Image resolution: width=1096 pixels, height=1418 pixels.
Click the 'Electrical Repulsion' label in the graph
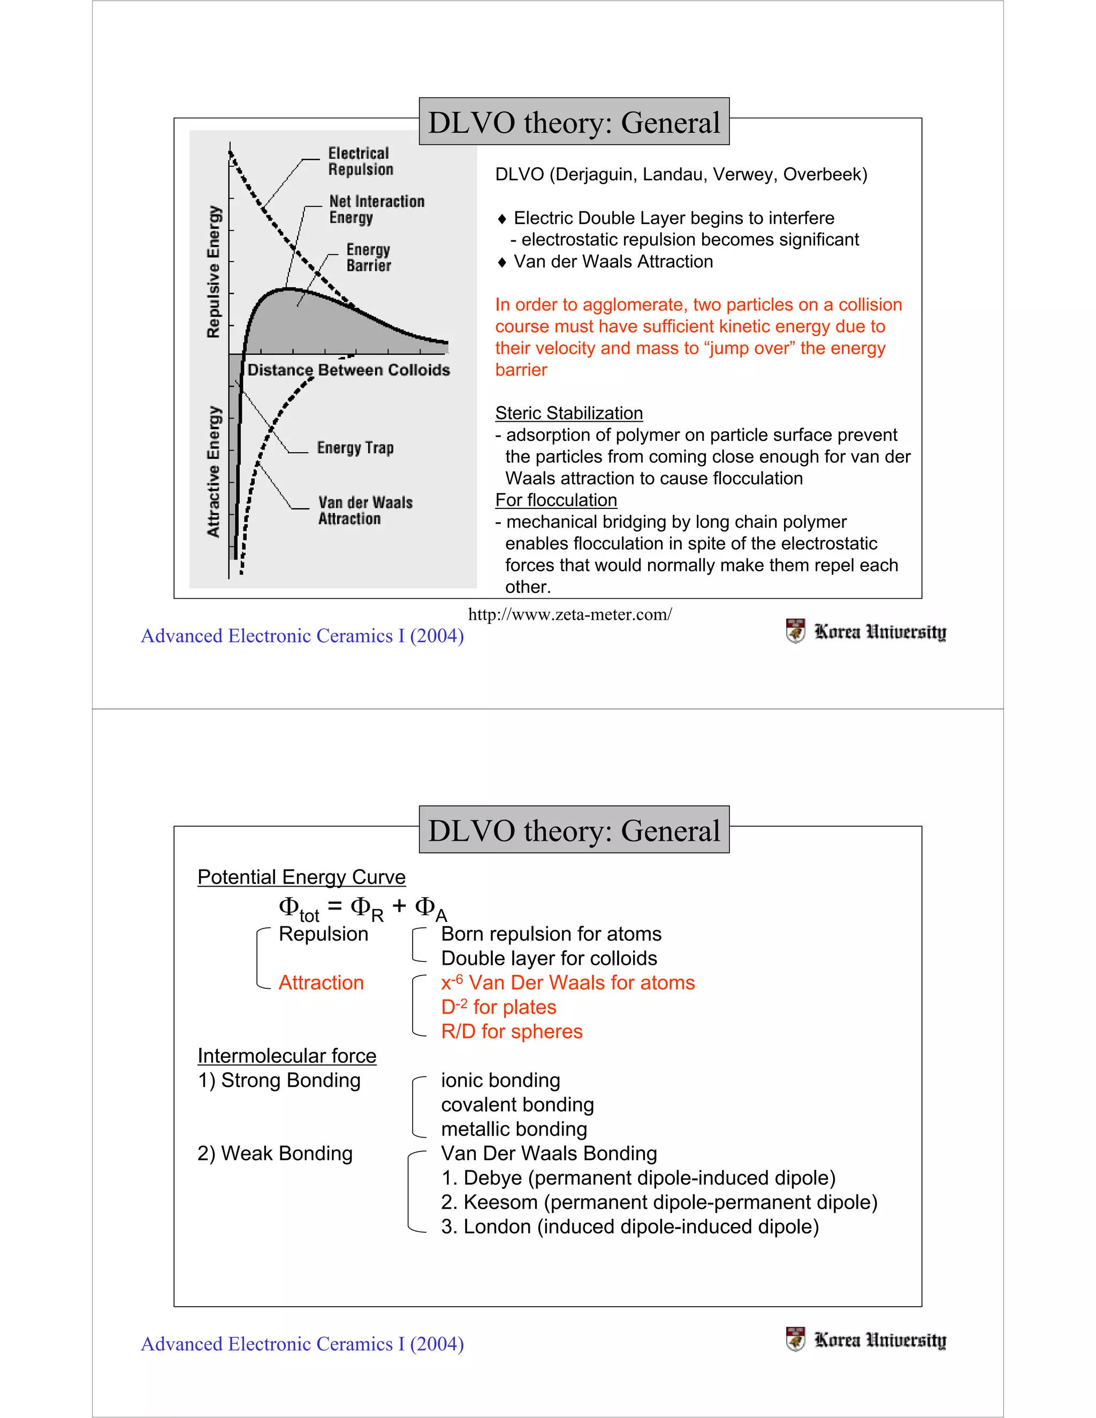click(360, 161)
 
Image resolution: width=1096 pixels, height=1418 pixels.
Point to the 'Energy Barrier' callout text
click(368, 257)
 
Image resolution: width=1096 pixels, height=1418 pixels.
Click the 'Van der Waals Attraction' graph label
click(365, 510)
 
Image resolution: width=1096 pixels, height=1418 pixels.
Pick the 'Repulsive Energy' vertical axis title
click(214, 271)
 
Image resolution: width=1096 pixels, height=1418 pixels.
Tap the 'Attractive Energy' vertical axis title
click(214, 471)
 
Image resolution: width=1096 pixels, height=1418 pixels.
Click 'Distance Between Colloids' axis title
click(349, 370)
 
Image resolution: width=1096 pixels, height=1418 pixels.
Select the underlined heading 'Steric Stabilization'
click(569, 413)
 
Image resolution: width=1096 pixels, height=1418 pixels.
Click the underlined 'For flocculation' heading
click(556, 500)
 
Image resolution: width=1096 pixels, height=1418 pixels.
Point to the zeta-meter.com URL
click(569, 614)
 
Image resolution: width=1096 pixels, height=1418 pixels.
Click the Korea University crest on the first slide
click(795, 630)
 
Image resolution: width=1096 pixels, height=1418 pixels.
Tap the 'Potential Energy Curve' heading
click(301, 877)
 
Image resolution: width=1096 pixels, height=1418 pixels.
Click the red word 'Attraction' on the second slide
click(321, 982)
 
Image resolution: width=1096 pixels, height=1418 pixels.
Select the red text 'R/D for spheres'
click(512, 1031)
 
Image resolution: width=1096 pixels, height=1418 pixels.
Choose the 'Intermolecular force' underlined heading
click(286, 1056)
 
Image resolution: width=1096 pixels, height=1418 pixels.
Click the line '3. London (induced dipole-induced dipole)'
click(629, 1226)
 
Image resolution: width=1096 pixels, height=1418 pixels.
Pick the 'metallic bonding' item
click(514, 1129)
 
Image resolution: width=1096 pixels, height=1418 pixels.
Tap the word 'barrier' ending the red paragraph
click(521, 370)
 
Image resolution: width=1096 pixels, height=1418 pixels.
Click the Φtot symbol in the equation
click(298, 907)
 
